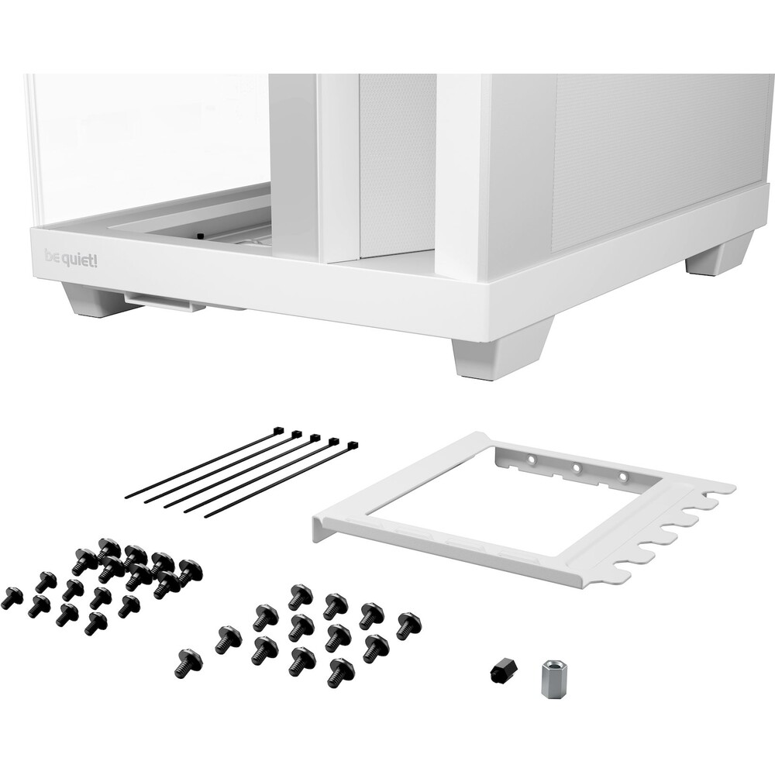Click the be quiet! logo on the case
coord(71,259)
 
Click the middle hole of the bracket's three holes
coord(577,467)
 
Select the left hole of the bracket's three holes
coord(531,459)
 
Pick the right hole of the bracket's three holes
coord(623,477)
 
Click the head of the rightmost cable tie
coord(353,446)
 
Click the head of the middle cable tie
coord(314,437)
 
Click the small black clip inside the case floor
coord(200,236)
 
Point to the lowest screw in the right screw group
coord(341,673)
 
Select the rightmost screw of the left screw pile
coord(190,572)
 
